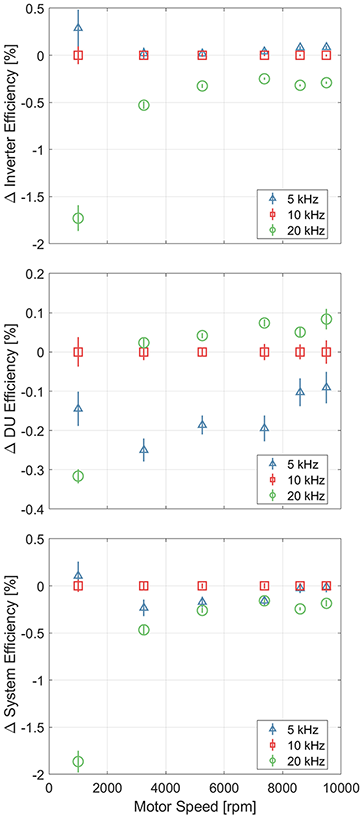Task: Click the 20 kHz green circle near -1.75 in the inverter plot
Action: tap(78, 218)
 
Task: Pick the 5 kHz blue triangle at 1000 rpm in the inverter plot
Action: tap(78, 27)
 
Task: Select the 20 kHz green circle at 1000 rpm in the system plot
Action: tap(78, 761)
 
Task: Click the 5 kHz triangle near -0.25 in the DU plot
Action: tap(144, 450)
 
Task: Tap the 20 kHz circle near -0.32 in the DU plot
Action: tap(78, 476)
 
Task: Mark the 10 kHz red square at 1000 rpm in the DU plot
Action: tap(78, 352)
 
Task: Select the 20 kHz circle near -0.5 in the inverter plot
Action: tap(144, 105)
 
